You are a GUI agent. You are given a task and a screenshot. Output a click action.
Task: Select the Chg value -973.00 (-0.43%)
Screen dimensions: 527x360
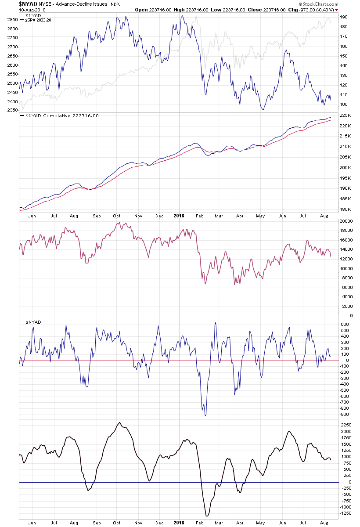tap(316, 10)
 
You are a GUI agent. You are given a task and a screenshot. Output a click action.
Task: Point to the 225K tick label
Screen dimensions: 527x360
tap(345, 116)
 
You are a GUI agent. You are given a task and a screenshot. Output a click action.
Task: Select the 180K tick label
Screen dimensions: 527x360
tap(345, 209)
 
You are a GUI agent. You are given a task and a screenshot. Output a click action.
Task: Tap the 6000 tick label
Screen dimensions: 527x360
tap(346, 287)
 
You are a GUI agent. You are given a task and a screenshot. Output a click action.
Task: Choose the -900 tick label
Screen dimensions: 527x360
tap(344, 414)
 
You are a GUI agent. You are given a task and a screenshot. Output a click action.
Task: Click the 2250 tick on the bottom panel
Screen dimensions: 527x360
tap(346, 425)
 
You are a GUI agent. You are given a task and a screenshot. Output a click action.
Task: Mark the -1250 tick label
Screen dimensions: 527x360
tap(346, 513)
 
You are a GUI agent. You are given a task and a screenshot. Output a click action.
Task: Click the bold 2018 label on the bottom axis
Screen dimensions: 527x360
tap(179, 523)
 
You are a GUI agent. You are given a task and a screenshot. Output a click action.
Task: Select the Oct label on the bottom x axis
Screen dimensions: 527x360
tap(116, 523)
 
